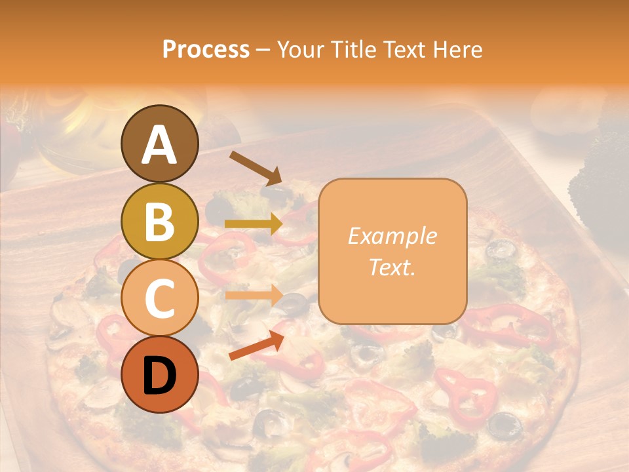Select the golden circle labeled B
point(159,222)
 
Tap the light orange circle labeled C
point(159,298)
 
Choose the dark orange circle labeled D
point(159,375)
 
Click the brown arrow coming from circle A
point(256,168)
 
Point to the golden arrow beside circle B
point(254,224)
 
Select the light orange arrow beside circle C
point(254,295)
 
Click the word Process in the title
point(206,49)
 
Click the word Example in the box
point(392,236)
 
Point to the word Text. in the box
point(392,267)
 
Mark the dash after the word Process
point(263,50)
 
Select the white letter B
point(159,222)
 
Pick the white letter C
point(159,299)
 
